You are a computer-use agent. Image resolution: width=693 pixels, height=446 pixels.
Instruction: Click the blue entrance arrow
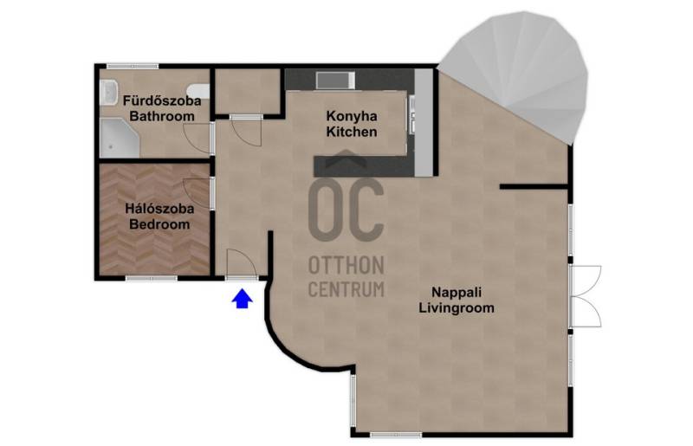pyautogui.click(x=243, y=299)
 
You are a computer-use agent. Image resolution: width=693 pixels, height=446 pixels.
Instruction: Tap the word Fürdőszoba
pyautogui.click(x=162, y=100)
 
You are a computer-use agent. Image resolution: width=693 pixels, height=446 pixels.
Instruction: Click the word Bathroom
pyautogui.click(x=162, y=116)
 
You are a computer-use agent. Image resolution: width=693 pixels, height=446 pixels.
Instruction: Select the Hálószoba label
pyautogui.click(x=159, y=208)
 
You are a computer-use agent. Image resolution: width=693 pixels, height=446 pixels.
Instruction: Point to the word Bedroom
pyautogui.click(x=159, y=224)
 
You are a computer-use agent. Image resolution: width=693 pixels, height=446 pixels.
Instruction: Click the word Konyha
pyautogui.click(x=352, y=116)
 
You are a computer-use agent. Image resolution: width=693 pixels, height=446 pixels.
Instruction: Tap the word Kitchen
pyautogui.click(x=352, y=132)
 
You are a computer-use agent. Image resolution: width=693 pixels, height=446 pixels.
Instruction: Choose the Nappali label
pyautogui.click(x=457, y=292)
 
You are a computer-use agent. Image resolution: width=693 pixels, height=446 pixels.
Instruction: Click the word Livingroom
pyautogui.click(x=457, y=307)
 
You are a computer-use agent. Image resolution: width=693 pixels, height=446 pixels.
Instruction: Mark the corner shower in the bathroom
pyautogui.click(x=118, y=138)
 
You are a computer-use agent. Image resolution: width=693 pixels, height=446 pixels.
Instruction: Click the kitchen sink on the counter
pyautogui.click(x=335, y=80)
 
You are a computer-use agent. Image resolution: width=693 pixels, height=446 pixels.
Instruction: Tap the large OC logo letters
pyautogui.click(x=346, y=209)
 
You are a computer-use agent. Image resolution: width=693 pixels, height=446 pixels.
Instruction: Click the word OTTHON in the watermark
pyautogui.click(x=346, y=266)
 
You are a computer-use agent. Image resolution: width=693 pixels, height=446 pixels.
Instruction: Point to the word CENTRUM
pyautogui.click(x=346, y=289)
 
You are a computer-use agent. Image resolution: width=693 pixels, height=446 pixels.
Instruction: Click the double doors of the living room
pyautogui.click(x=586, y=296)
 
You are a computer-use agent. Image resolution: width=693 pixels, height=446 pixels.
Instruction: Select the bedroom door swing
pyautogui.click(x=198, y=193)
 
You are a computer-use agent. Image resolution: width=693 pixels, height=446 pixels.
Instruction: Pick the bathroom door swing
pyautogui.click(x=198, y=139)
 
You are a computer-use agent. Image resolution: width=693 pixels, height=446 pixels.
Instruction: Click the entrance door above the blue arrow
pyautogui.click(x=242, y=264)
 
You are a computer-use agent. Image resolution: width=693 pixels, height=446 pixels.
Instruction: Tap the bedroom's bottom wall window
pyautogui.click(x=152, y=279)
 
